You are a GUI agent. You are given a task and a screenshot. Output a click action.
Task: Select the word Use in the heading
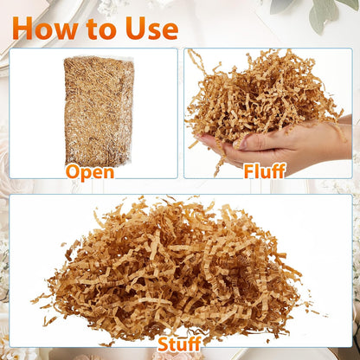click(x=151, y=29)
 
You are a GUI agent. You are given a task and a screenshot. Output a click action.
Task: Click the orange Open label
click(x=90, y=172)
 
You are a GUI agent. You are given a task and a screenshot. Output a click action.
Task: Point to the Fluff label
click(x=265, y=170)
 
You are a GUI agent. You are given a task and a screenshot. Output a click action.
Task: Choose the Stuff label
click(x=179, y=344)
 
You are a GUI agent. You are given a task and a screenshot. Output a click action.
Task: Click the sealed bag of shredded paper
click(x=99, y=111)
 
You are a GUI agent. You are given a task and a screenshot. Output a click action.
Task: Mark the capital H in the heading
click(x=22, y=29)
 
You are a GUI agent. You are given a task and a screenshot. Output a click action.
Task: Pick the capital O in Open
click(x=72, y=171)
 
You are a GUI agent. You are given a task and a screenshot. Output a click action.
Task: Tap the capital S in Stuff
click(x=164, y=344)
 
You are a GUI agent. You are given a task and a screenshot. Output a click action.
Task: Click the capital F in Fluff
click(x=249, y=170)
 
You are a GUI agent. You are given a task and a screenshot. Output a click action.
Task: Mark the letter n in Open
click(x=109, y=173)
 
